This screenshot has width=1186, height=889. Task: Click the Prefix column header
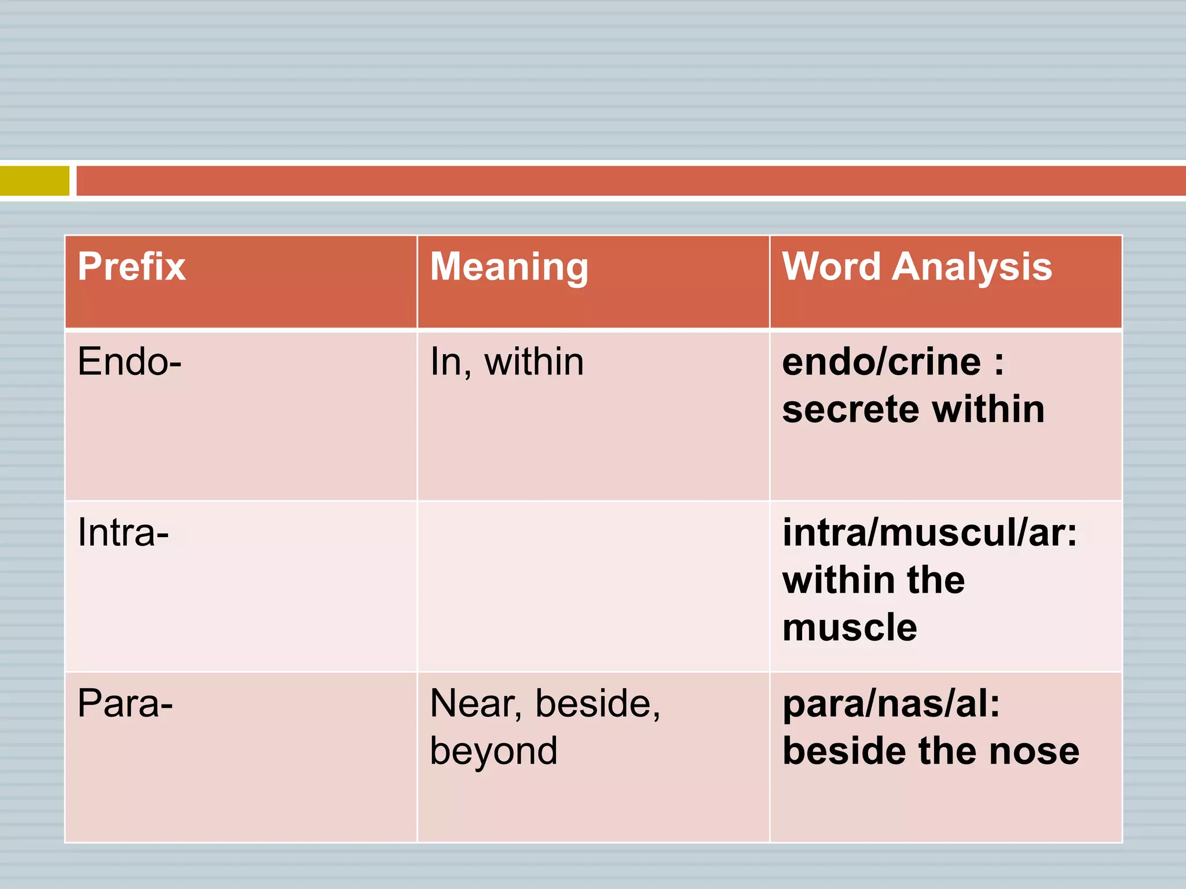tap(132, 267)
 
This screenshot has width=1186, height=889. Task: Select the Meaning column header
tap(509, 267)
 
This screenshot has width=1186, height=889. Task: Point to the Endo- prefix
tap(130, 362)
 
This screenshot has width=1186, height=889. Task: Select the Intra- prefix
tap(123, 532)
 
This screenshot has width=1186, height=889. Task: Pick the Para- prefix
tap(125, 704)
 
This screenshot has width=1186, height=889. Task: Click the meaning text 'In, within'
tap(507, 363)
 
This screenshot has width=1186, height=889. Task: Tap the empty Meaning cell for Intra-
tap(593, 586)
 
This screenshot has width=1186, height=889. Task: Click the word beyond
tap(493, 751)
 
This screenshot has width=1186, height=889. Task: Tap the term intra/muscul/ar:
tap(929, 532)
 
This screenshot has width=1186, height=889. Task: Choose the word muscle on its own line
tap(850, 627)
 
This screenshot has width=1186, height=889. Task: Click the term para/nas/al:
tap(891, 704)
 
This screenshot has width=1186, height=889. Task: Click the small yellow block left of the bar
tap(35, 181)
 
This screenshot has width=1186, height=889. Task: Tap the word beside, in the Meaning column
tap(597, 704)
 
